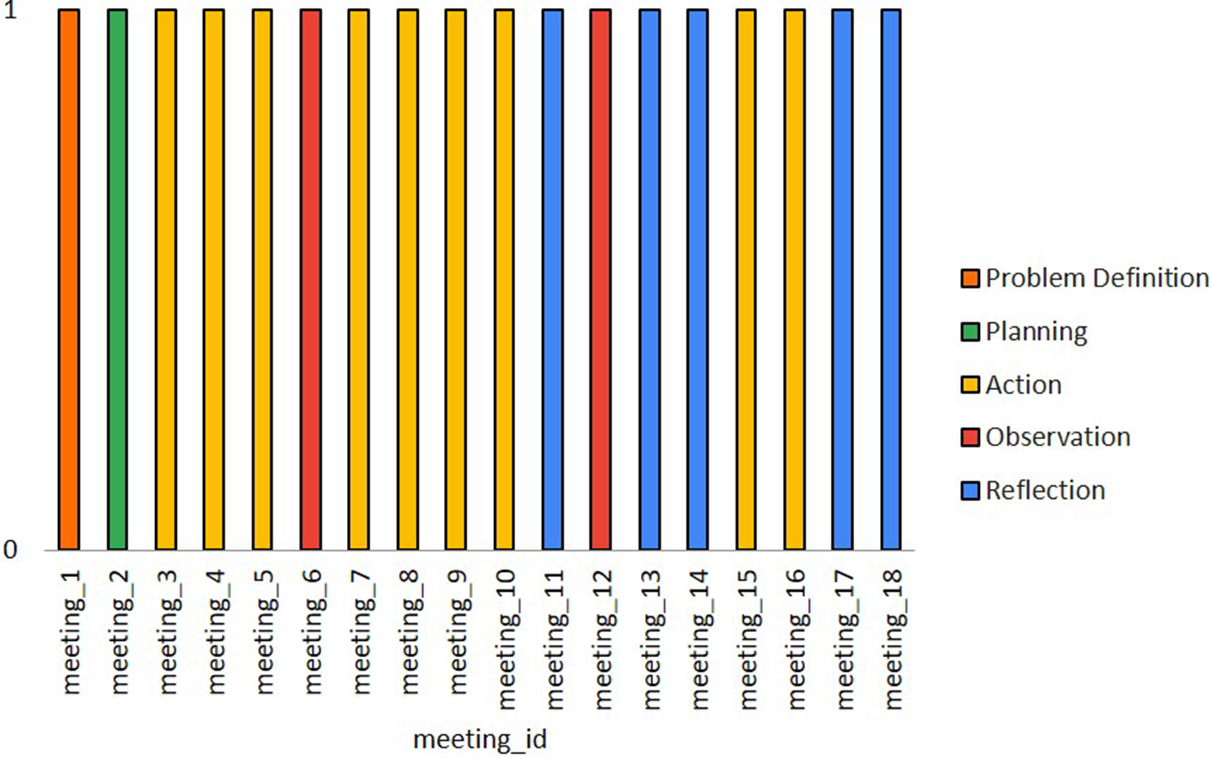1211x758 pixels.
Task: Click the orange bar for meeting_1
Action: [x=69, y=279]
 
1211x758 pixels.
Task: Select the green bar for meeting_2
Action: [x=117, y=279]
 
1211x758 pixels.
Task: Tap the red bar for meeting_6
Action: [x=311, y=279]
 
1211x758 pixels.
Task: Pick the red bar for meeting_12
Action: [x=601, y=279]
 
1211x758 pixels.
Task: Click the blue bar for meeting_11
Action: [x=552, y=279]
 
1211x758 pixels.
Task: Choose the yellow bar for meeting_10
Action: [x=504, y=279]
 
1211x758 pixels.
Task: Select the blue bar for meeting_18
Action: [x=890, y=279]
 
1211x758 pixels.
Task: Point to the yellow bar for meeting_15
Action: [x=746, y=279]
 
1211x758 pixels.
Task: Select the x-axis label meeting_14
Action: [x=698, y=639]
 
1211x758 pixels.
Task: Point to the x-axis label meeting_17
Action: [x=844, y=639]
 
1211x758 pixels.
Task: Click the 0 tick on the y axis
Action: [x=10, y=551]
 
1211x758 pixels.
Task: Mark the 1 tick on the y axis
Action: [x=10, y=12]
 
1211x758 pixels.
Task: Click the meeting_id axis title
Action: [x=480, y=739]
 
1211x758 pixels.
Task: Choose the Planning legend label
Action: [x=1036, y=332]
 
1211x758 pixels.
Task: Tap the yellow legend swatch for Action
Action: [x=970, y=385]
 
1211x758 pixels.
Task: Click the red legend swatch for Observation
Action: [x=970, y=438]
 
